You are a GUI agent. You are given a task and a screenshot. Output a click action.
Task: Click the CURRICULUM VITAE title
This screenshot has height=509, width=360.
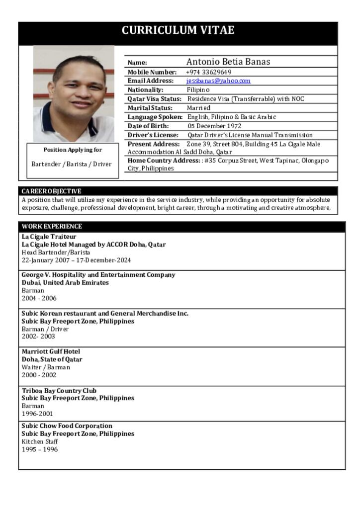[x=178, y=30]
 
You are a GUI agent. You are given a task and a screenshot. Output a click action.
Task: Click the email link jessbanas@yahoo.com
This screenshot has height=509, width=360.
[x=218, y=81]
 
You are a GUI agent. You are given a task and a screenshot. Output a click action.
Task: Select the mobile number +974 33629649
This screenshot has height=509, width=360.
[x=209, y=72]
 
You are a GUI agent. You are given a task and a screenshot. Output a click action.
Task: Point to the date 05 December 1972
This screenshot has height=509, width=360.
[x=214, y=126]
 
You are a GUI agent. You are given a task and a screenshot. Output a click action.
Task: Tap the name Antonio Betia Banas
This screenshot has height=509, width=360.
[x=228, y=62]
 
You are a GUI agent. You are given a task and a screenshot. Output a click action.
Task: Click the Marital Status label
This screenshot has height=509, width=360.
[x=150, y=108]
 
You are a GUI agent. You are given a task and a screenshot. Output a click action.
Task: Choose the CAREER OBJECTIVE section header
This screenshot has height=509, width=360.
[x=51, y=191]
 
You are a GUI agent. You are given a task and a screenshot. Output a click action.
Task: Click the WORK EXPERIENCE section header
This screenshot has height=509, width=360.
[x=52, y=226]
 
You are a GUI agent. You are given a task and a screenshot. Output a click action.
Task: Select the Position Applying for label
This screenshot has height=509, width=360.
[x=73, y=150]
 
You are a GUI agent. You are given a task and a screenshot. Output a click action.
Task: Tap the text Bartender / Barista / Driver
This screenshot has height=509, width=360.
[x=72, y=164]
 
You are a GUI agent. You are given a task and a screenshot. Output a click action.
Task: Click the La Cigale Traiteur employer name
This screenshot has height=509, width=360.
[x=49, y=237]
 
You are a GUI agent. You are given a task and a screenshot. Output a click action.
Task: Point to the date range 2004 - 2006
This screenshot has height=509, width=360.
[x=39, y=298]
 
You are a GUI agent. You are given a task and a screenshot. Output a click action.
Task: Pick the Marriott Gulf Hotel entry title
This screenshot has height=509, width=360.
[x=51, y=351]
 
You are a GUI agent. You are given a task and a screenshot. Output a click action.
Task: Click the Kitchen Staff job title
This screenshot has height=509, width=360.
[x=40, y=441]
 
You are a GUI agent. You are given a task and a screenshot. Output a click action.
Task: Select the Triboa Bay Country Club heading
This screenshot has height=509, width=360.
[x=59, y=391]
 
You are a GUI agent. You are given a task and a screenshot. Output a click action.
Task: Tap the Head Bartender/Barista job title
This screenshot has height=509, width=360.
[x=56, y=253]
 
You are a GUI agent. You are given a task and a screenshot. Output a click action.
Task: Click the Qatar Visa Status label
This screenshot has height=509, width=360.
[x=154, y=99]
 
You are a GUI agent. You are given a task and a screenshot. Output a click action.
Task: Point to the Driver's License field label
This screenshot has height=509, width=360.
[x=153, y=135]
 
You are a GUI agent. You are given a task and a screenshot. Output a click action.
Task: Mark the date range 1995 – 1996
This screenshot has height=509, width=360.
[x=40, y=449]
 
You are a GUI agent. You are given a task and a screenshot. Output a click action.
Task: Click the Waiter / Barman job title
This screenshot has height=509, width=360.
[x=46, y=367]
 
